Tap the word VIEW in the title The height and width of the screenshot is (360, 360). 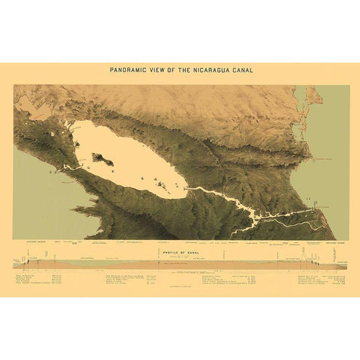pos(158,70)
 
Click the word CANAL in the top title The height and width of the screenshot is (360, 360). pos(243,70)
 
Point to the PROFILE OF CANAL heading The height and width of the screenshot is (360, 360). pos(180,252)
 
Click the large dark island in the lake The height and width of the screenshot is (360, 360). pos(100,159)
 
